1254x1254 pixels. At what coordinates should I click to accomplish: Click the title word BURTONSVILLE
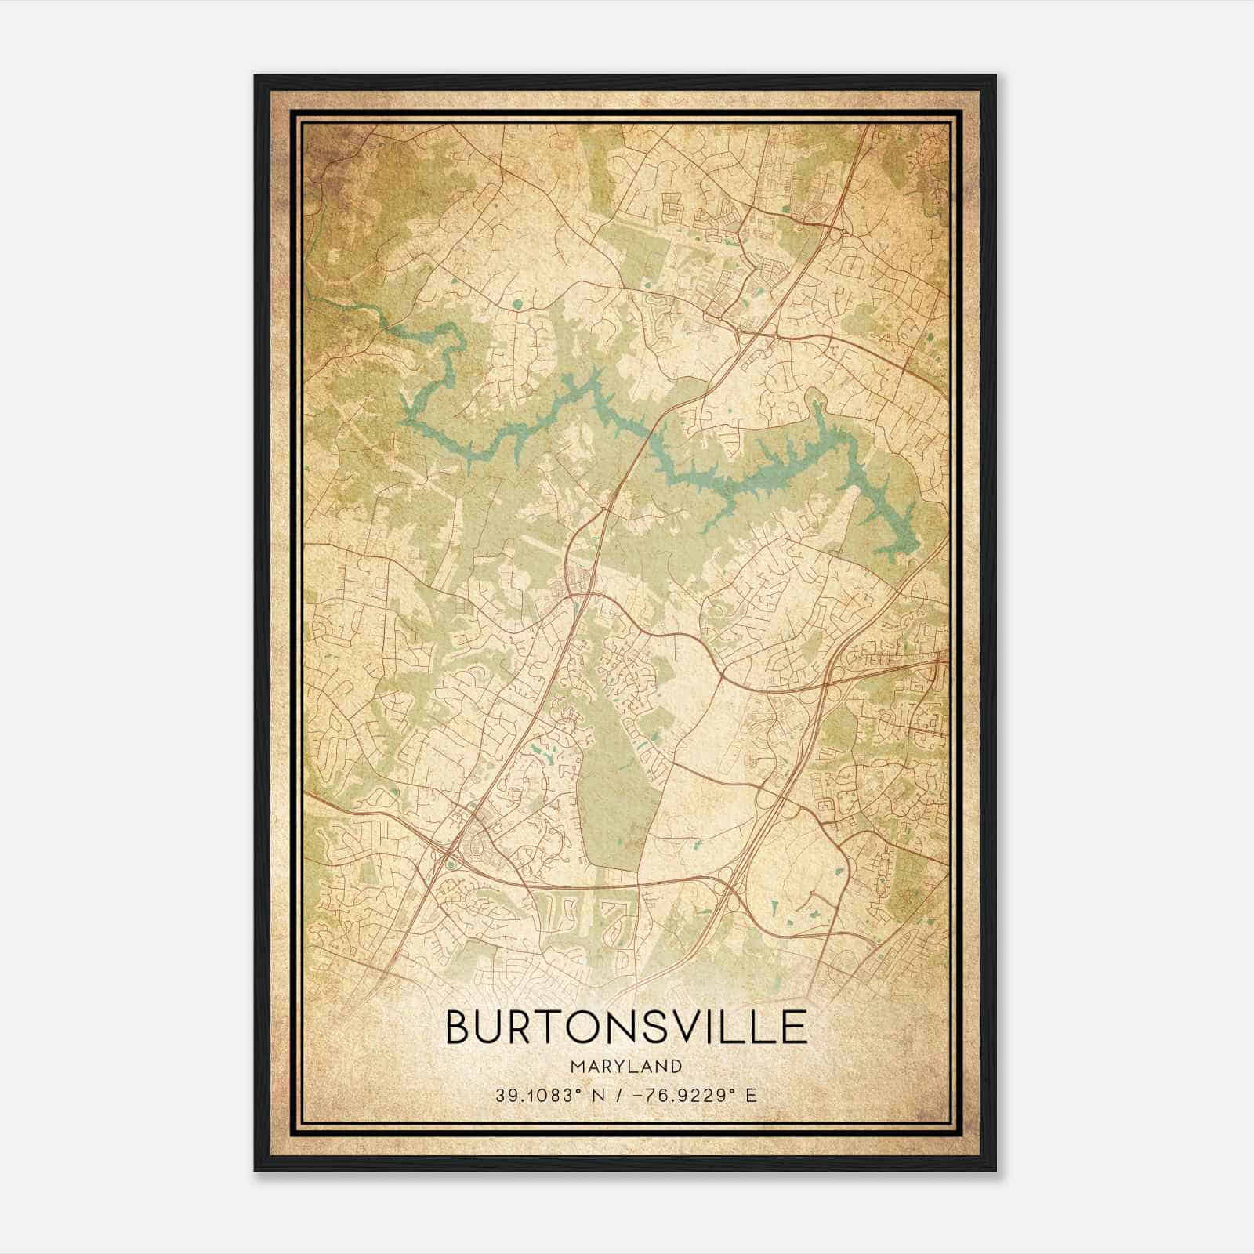pyautogui.click(x=626, y=1027)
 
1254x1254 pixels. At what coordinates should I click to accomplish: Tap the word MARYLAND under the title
pyautogui.click(x=626, y=1066)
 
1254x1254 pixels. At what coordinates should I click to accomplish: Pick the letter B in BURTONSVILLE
pyautogui.click(x=459, y=1027)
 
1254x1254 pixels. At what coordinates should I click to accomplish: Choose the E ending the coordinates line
pyautogui.click(x=752, y=1096)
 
